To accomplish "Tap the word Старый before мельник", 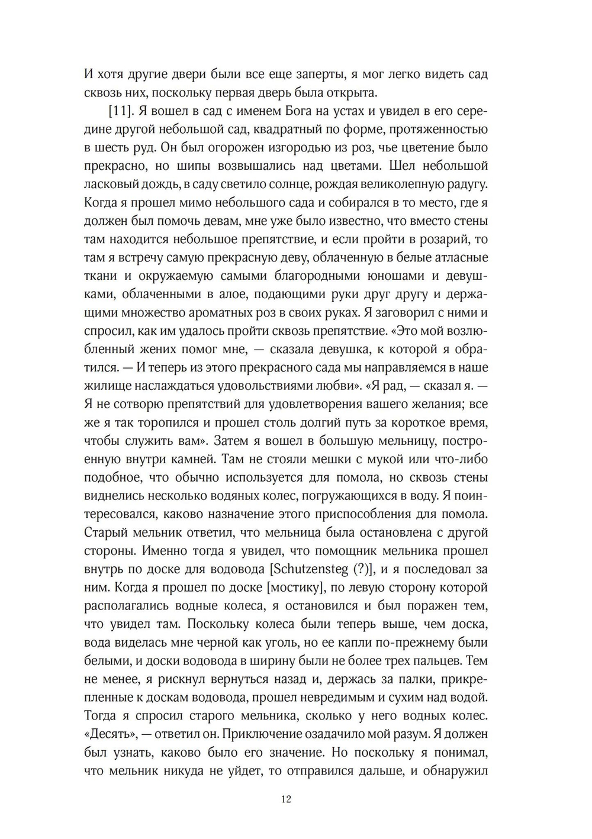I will [107, 533].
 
